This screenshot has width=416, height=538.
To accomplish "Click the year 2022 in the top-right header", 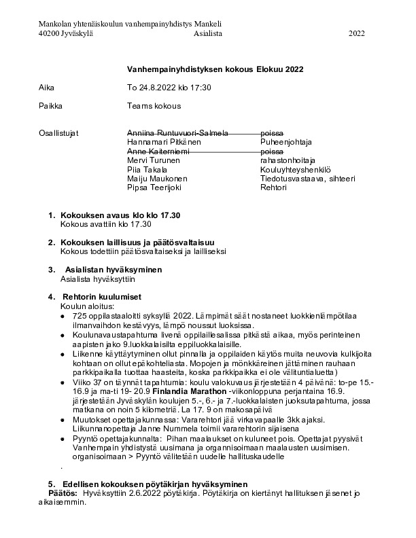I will pyautogui.click(x=357, y=33).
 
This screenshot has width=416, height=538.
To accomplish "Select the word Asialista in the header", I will pyautogui.click(x=207, y=33).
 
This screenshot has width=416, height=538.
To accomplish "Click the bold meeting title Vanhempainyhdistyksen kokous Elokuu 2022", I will pyautogui.click(x=215, y=69).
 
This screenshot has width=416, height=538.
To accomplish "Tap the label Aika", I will pyautogui.click(x=46, y=88).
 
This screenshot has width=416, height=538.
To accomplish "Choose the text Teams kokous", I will pyautogui.click(x=154, y=106).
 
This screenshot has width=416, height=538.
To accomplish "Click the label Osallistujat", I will pyautogui.click(x=59, y=132).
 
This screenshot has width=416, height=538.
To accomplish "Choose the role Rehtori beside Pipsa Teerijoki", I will pyautogui.click(x=273, y=187).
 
